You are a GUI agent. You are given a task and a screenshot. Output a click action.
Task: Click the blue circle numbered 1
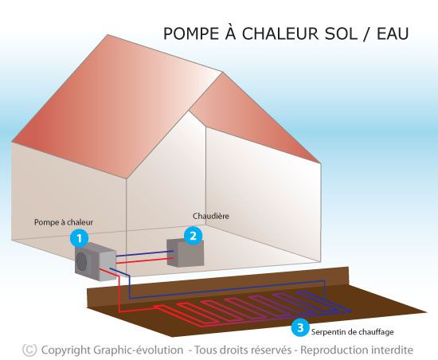click(x=80, y=238)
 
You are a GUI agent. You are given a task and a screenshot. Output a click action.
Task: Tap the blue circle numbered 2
click(x=193, y=236)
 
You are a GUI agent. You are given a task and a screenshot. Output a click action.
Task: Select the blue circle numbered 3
click(x=300, y=327)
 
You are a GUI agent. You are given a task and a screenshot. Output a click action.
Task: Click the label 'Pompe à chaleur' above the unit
click(x=64, y=222)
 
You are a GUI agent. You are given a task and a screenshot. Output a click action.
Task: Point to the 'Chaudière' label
click(x=211, y=216)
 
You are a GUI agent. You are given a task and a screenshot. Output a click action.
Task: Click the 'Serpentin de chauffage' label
click(x=353, y=332)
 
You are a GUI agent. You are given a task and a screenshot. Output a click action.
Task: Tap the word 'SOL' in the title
click(x=341, y=33)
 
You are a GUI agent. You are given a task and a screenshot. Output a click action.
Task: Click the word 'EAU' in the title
click(x=393, y=33)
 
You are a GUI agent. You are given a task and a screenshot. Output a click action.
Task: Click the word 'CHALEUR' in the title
click(x=280, y=33)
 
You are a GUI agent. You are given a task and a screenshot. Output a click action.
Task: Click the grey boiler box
click(x=186, y=253)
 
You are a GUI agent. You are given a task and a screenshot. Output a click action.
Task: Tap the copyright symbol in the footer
click(x=29, y=350)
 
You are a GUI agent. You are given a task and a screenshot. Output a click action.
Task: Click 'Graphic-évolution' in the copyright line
click(x=139, y=350)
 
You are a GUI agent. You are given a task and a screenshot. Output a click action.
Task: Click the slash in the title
click(x=367, y=33)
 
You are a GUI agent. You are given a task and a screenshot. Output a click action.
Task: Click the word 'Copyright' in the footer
click(x=66, y=350)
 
